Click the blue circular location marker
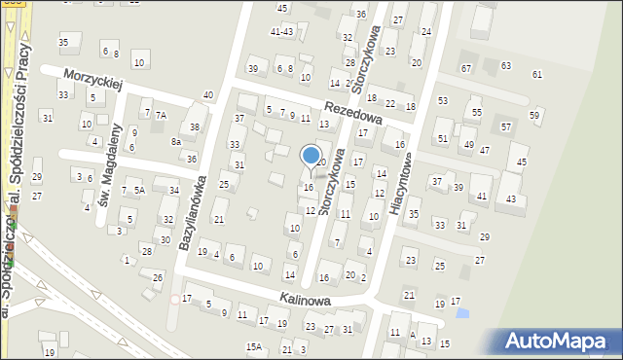(x=311, y=156)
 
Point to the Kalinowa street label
(x=302, y=301)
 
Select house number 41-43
(x=281, y=31)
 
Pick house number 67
(x=466, y=68)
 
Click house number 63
(x=506, y=65)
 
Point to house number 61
(x=537, y=75)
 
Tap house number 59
(x=534, y=116)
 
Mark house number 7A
(x=162, y=115)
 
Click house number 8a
(x=176, y=142)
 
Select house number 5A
(x=140, y=191)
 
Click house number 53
(x=443, y=101)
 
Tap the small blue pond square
(x=461, y=312)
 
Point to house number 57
(x=506, y=126)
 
